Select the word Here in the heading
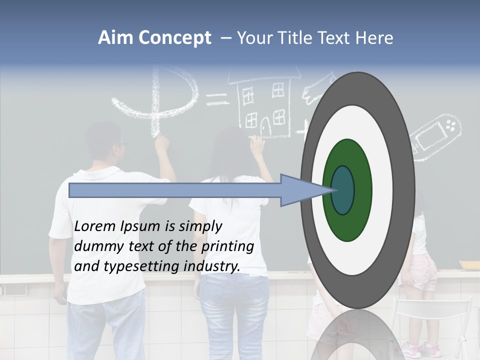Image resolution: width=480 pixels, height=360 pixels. coord(374,38)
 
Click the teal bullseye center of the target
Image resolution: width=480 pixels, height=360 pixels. coord(342,190)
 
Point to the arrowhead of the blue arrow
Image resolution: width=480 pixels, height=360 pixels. coord(300,190)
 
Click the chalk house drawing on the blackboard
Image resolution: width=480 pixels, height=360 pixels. coord(265,105)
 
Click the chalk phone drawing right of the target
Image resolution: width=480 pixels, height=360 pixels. coord(435,135)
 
